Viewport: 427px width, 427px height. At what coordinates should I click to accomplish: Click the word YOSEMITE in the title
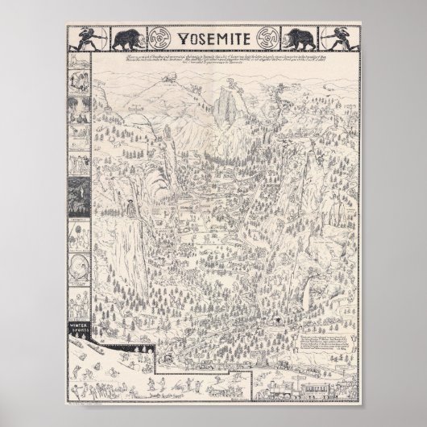(x=213, y=38)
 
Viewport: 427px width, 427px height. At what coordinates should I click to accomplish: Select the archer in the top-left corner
(x=88, y=39)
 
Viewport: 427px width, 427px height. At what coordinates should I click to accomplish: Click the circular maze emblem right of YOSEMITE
(x=267, y=39)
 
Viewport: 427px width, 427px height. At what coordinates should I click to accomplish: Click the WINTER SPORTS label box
(x=78, y=330)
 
